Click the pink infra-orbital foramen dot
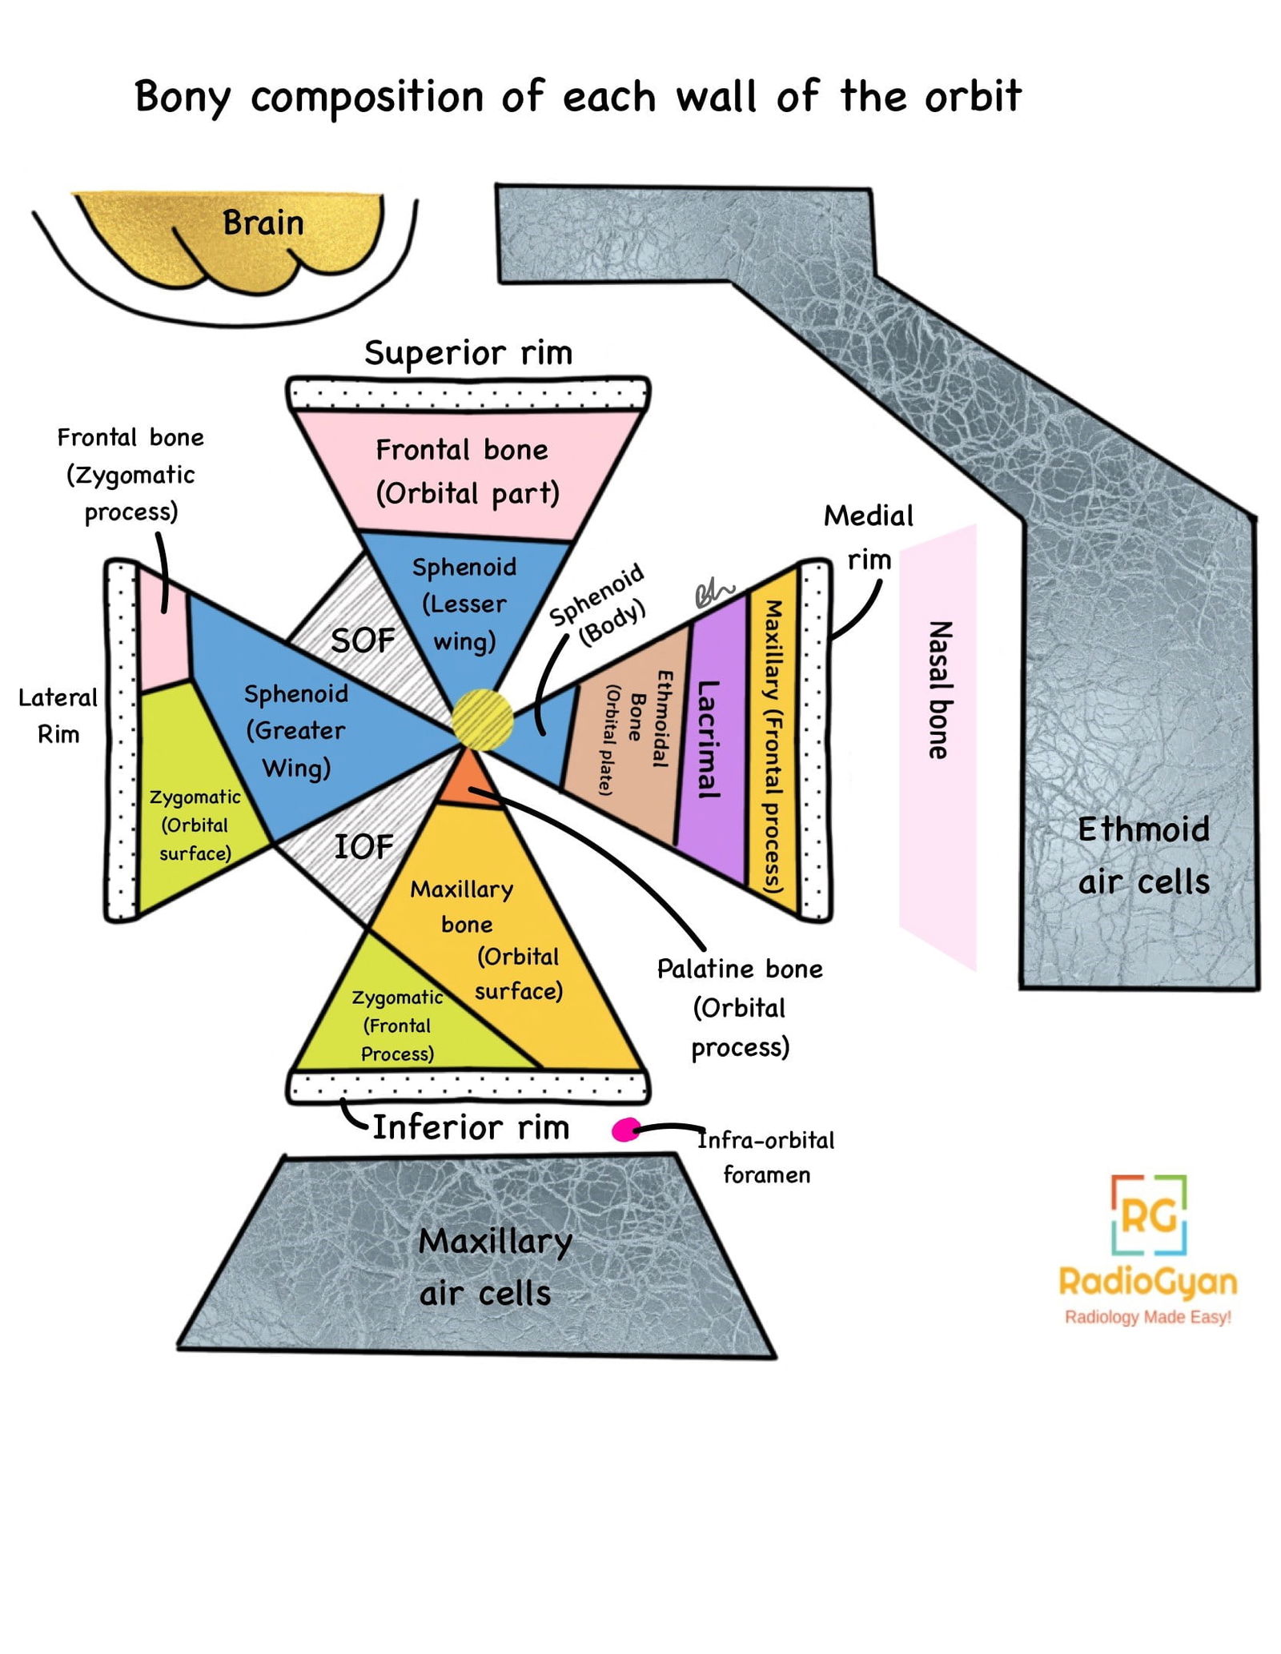coord(626,1130)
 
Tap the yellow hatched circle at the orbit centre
coord(482,718)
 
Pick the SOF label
coord(363,640)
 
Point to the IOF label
coord(363,846)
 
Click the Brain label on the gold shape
coord(263,223)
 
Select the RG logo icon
coord(1148,1214)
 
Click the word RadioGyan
coord(1147,1282)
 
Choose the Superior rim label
coord(468,352)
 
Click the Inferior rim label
coord(471,1127)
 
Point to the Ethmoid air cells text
coord(1143,855)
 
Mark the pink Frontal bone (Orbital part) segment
coord(467,472)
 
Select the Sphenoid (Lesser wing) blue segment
coord(464,604)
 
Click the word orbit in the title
coord(973,97)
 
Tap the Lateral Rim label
coord(58,715)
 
